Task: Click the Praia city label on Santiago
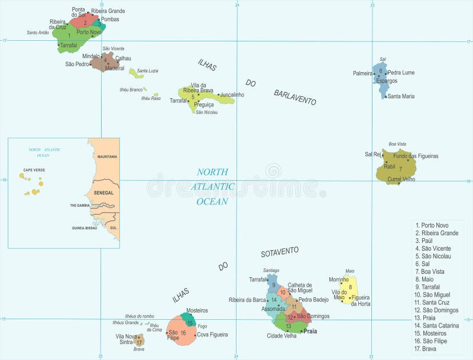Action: [x=310, y=332]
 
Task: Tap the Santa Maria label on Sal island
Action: [x=401, y=96]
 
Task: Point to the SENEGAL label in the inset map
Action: [x=103, y=193]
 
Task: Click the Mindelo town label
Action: [x=90, y=56]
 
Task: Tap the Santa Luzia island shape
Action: [x=135, y=73]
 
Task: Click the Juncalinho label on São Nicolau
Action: [x=231, y=95]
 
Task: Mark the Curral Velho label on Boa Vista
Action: [x=401, y=179]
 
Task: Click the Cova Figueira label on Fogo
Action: [x=212, y=335]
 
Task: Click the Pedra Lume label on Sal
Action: [x=401, y=73]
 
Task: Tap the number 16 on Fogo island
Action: [x=183, y=333]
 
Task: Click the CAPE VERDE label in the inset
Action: [x=34, y=170]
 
